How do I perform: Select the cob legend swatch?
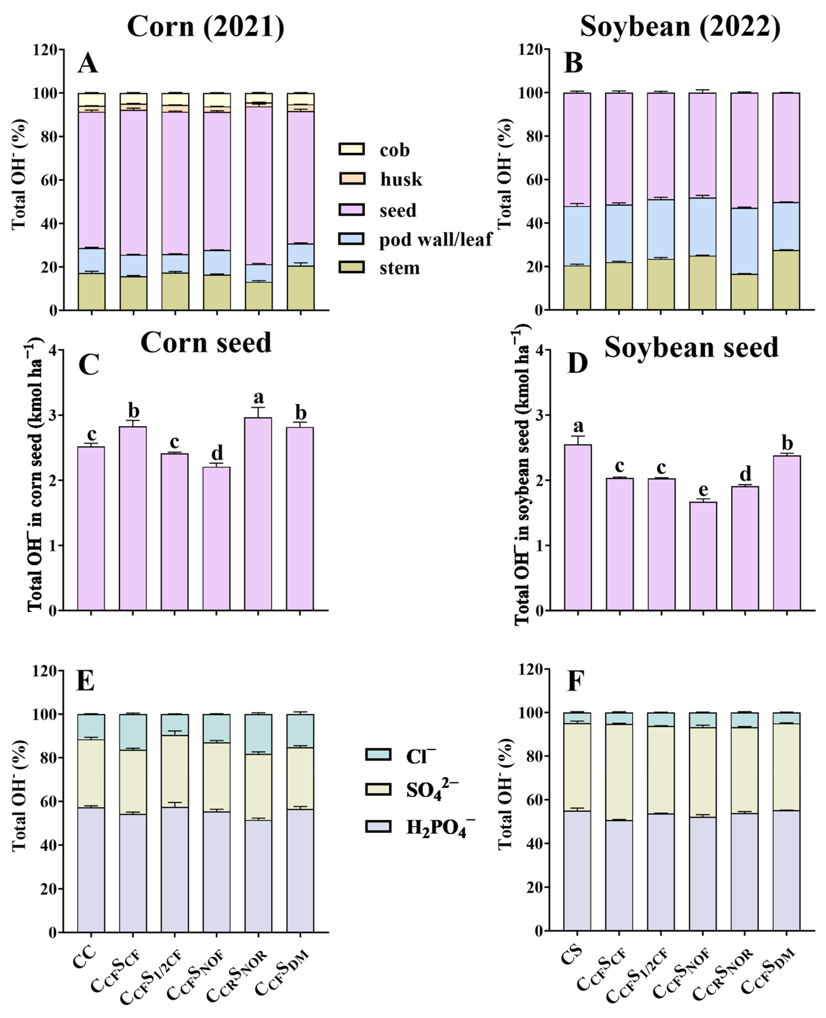click(x=352, y=149)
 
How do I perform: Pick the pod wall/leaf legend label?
click(x=435, y=239)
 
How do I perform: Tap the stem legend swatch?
click(x=352, y=268)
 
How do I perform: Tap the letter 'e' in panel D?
click(x=703, y=488)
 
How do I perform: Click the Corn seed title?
click(x=206, y=342)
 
